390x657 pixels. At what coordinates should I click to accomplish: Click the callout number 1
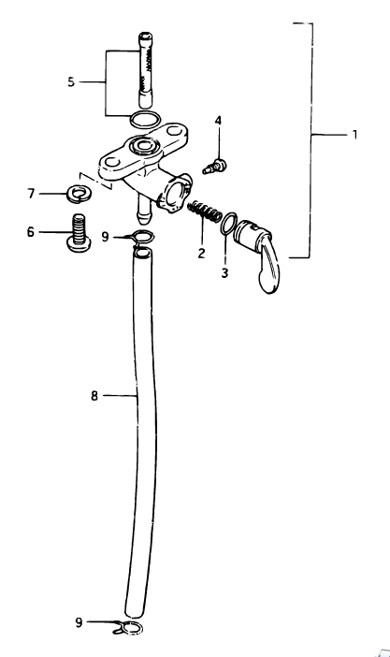click(x=354, y=135)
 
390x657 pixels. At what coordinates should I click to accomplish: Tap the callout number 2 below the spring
click(x=201, y=253)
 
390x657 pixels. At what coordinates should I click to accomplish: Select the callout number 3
click(x=225, y=273)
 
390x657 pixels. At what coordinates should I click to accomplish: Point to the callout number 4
click(x=218, y=121)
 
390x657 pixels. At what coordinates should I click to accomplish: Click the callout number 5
click(x=71, y=81)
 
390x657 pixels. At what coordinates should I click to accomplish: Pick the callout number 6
click(x=31, y=232)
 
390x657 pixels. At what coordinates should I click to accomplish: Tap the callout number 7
click(x=31, y=194)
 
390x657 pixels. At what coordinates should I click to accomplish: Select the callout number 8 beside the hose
click(x=94, y=395)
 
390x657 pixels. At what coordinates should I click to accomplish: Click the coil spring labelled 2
click(x=205, y=212)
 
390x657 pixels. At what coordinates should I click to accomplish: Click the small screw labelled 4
click(x=214, y=167)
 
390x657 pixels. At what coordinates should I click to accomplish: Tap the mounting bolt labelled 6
click(x=79, y=233)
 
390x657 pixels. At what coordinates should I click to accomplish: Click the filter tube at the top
click(x=145, y=70)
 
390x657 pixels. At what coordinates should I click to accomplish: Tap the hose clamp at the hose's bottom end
click(x=128, y=627)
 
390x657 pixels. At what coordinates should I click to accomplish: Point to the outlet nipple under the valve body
click(x=143, y=210)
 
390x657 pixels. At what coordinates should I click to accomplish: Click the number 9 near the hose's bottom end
click(x=79, y=622)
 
